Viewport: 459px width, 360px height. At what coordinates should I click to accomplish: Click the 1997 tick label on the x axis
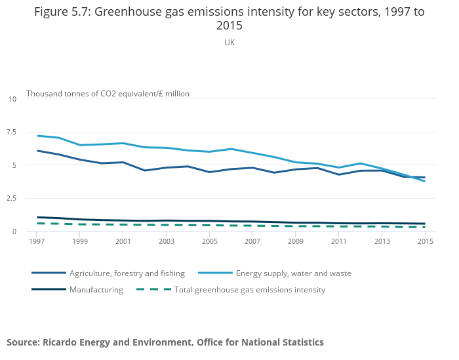(x=37, y=242)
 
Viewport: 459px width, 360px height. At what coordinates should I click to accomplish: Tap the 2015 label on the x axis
(x=424, y=242)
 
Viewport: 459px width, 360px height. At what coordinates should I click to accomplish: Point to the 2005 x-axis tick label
(x=209, y=242)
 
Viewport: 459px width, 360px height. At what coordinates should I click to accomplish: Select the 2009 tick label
(x=295, y=242)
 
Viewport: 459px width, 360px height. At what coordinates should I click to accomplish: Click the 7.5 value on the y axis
(x=11, y=132)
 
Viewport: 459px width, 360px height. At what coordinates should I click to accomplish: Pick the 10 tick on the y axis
(x=12, y=99)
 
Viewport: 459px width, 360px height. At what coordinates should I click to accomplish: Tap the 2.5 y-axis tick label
(x=11, y=198)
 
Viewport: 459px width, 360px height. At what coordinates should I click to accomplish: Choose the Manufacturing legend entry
(x=96, y=290)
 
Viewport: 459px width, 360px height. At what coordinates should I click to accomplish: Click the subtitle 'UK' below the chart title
(x=229, y=43)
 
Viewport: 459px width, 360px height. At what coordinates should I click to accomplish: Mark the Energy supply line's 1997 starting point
(x=37, y=136)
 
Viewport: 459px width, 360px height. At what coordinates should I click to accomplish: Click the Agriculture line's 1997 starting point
(x=37, y=151)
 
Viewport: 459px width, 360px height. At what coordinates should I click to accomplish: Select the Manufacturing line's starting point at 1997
(x=37, y=217)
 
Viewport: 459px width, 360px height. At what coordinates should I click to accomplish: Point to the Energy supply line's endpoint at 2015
(x=424, y=181)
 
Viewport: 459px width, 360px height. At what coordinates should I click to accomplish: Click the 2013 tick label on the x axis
(x=382, y=242)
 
